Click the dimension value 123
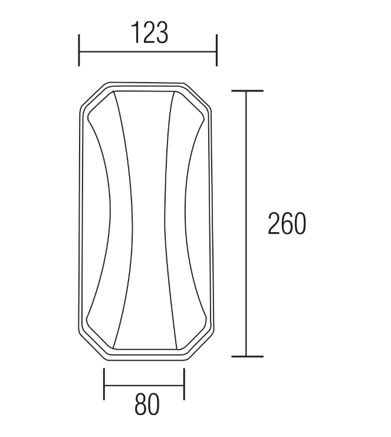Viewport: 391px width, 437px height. click(x=149, y=33)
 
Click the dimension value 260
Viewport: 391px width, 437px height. click(x=287, y=224)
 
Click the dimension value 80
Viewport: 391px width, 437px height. click(x=147, y=405)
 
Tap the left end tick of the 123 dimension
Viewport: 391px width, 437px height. click(x=79, y=50)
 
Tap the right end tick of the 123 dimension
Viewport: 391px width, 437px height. click(x=216, y=50)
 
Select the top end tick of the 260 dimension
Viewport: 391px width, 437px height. click(x=248, y=90)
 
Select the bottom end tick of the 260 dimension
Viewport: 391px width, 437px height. click(x=248, y=356)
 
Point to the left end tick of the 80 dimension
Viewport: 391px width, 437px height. click(x=104, y=384)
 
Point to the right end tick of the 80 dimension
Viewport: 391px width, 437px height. click(x=184, y=384)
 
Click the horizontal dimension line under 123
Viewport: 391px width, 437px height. click(x=148, y=51)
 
